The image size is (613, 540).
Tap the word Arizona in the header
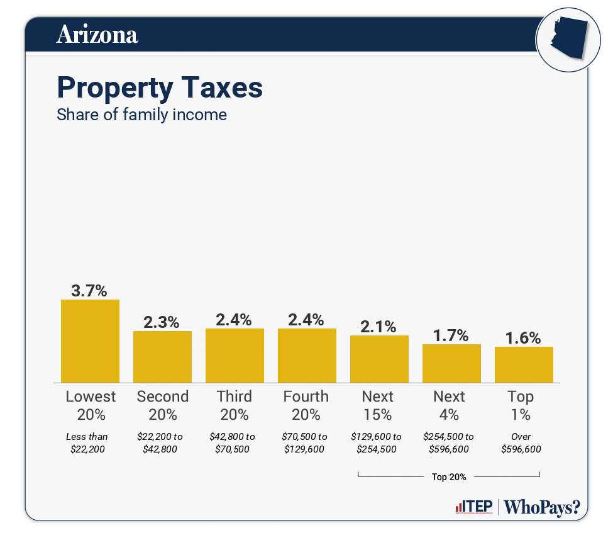97,35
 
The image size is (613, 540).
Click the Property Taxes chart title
160,87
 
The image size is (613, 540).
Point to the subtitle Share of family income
141,115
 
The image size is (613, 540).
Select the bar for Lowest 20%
90,341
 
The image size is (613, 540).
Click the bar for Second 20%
162,357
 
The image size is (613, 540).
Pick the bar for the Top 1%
524,364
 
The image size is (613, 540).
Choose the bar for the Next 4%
451,363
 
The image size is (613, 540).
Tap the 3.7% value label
89,291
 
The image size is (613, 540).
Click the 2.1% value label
379,327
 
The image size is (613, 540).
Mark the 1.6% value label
524,338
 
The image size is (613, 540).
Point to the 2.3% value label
162,322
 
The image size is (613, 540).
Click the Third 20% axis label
235,405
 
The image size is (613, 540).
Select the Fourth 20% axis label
306,405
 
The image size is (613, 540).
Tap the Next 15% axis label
378,405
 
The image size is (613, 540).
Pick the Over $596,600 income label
521,443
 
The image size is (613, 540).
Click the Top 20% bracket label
449,476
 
